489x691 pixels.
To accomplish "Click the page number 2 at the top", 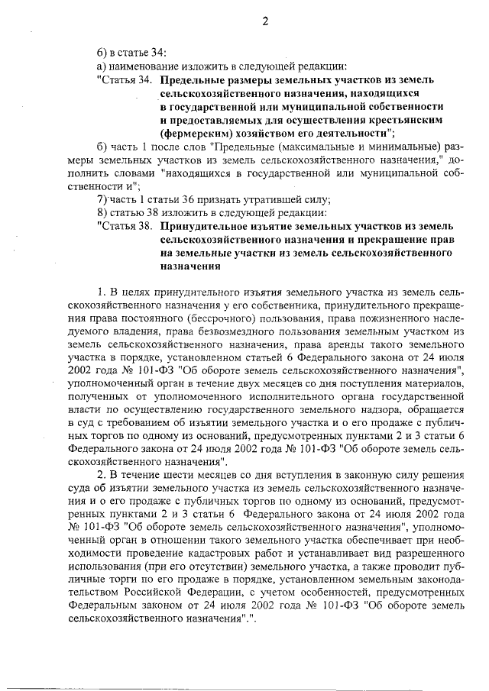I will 265,21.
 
